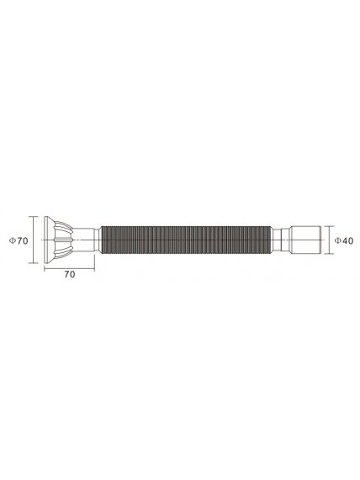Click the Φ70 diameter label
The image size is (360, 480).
coord(19,240)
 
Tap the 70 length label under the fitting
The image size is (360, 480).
coord(70,274)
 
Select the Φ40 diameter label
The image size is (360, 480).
coord(343,240)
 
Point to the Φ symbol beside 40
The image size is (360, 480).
coord(337,240)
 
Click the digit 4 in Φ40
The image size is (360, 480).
coord(345,240)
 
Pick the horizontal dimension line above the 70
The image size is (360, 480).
coord(69,269)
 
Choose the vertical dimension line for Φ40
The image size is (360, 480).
coord(329,240)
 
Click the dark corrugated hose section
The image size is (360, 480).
coord(186,240)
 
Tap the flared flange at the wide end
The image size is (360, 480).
coord(48,240)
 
